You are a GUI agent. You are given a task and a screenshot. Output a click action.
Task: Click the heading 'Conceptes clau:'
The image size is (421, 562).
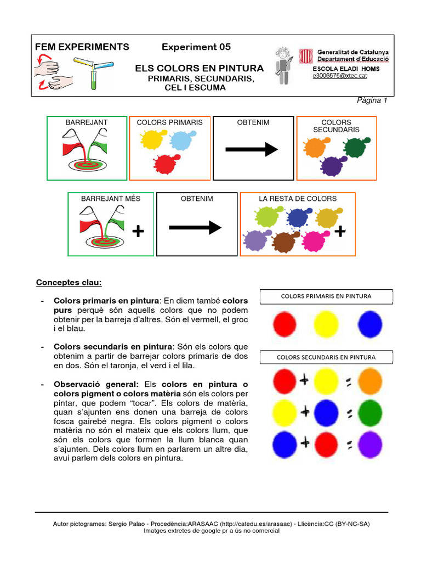pyautogui.click(x=69, y=283)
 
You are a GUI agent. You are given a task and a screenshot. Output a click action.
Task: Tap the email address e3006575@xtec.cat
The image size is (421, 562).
pyautogui.click(x=339, y=76)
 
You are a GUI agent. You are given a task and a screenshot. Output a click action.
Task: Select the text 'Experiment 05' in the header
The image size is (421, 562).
pyautogui.click(x=196, y=47)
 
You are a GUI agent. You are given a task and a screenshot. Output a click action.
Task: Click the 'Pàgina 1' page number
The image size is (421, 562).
pyautogui.click(x=372, y=100)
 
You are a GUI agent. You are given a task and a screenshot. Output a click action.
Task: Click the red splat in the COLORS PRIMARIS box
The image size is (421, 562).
pyautogui.click(x=164, y=164)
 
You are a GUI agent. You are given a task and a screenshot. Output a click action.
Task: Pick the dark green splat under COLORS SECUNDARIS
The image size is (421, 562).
pyautogui.click(x=355, y=147)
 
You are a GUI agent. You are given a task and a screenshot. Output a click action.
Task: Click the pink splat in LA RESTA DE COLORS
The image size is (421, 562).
pyautogui.click(x=314, y=240)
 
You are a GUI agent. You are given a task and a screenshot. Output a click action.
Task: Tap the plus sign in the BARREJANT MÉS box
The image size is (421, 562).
pyautogui.click(x=139, y=233)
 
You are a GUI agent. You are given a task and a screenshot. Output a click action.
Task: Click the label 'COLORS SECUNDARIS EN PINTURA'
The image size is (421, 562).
pyautogui.click(x=326, y=357)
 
